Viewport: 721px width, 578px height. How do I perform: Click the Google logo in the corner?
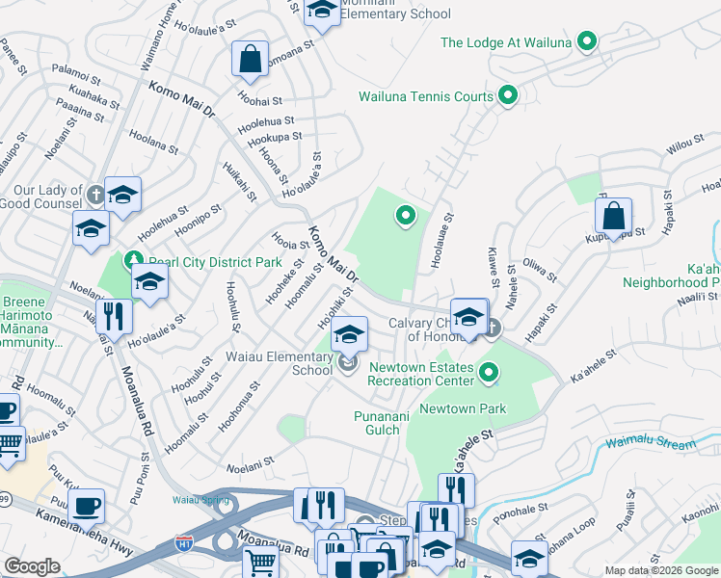pyautogui.click(x=32, y=566)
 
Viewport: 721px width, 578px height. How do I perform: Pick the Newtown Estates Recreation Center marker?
pyautogui.click(x=490, y=372)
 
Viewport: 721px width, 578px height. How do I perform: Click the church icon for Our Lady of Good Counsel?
pyautogui.click(x=94, y=195)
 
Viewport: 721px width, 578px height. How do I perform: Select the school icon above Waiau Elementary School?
pyautogui.click(x=349, y=335)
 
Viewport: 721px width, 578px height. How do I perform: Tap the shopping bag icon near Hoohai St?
pyautogui.click(x=250, y=59)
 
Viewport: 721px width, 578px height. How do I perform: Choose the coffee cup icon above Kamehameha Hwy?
pyautogui.click(x=87, y=505)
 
